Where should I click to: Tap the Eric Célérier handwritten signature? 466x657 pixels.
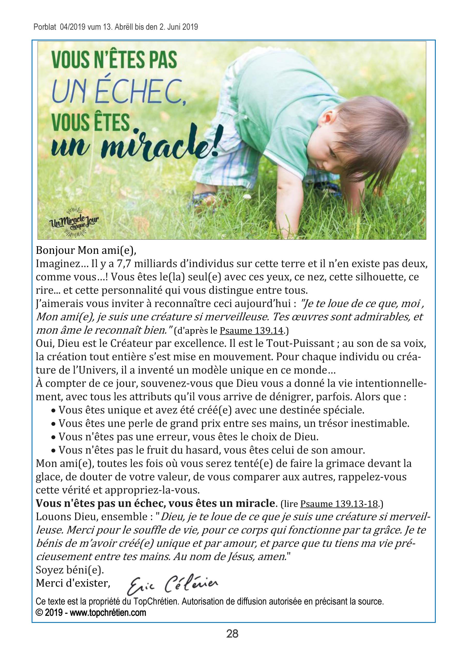(x=172, y=584)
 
